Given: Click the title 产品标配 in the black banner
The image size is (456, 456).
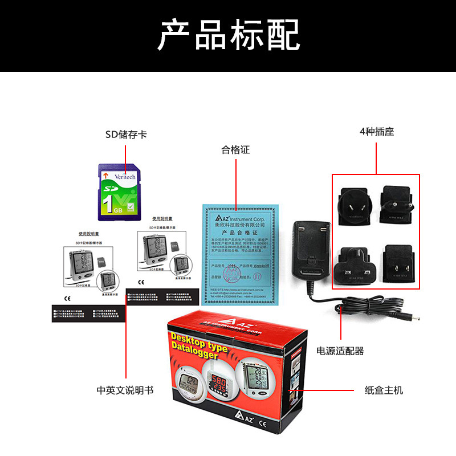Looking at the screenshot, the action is tap(228, 35).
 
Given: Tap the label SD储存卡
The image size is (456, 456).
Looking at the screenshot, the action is tap(126, 135).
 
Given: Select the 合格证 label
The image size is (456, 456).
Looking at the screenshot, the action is tap(235, 150).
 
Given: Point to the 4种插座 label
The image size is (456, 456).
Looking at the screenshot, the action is tap(377, 132).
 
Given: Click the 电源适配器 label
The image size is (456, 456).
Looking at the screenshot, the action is tap(340, 351).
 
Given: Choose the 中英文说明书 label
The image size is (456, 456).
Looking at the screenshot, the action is tap(125, 390).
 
